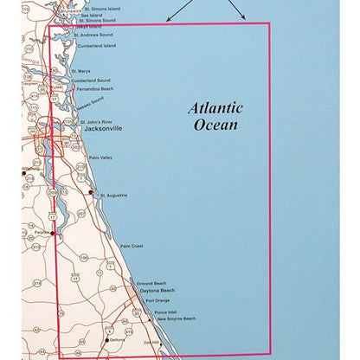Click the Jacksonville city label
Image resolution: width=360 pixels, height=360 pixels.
(98, 129)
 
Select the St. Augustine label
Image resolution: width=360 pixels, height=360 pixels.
(114, 196)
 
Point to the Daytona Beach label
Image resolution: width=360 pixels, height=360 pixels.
(157, 291)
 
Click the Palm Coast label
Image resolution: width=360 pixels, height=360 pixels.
(132, 247)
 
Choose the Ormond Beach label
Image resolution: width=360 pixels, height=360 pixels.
(152, 283)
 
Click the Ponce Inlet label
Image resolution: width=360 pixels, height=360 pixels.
(166, 312)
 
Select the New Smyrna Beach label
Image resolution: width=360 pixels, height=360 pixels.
(175, 318)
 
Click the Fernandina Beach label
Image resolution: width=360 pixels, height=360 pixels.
(94, 88)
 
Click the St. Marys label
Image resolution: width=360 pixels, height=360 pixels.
(81, 71)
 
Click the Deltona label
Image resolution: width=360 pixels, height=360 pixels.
(118, 340)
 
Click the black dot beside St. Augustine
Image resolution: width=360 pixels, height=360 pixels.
(92, 193)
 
